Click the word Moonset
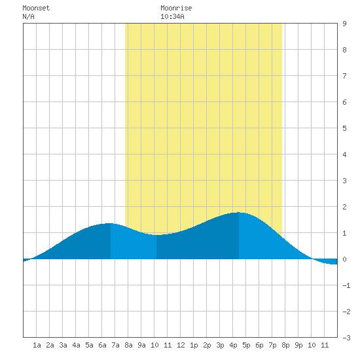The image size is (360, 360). [x=36, y=8]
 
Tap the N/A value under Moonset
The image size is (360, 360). [x=28, y=16]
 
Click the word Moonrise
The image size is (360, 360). [x=176, y=8]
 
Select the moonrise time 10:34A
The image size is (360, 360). [x=172, y=16]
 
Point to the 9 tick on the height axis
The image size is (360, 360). [x=344, y=24]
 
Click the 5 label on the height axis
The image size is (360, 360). [x=344, y=128]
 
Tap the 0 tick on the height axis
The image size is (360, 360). [x=344, y=259]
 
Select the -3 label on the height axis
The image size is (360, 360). [x=346, y=338]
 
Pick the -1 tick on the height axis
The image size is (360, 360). [x=346, y=285]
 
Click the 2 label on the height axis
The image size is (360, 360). [x=344, y=207]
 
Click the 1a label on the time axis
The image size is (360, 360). [x=37, y=345]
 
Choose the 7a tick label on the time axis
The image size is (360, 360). [x=115, y=345]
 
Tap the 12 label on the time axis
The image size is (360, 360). [x=181, y=345]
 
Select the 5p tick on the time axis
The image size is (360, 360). [x=246, y=345]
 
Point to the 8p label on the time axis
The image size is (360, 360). [x=285, y=345]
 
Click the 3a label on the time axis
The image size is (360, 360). [x=63, y=345]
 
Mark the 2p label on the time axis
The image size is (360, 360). [x=207, y=345]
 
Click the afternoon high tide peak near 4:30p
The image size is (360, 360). [x=239, y=213]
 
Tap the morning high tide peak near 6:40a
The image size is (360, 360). [x=111, y=223]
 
